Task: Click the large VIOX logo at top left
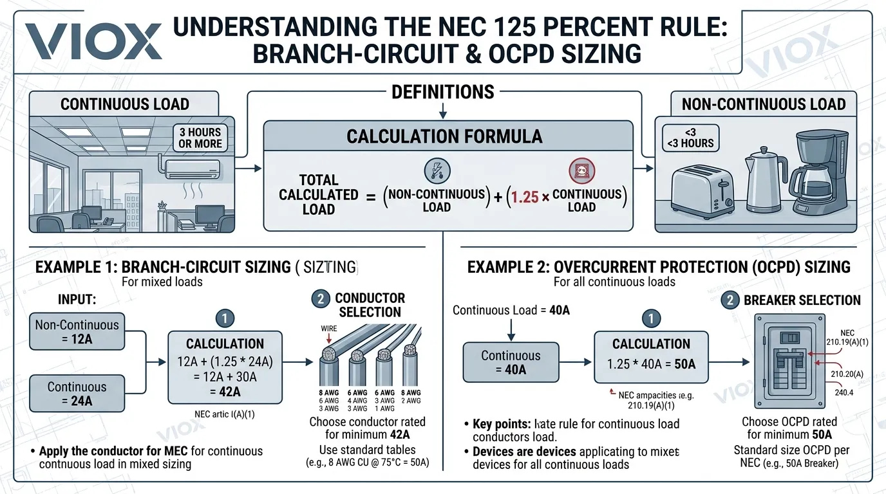click(x=93, y=42)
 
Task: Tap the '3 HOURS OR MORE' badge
click(x=200, y=138)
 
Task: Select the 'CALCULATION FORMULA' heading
click(x=444, y=136)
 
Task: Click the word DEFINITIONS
click(x=443, y=92)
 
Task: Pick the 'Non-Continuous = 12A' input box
click(x=77, y=332)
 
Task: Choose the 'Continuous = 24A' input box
click(x=77, y=394)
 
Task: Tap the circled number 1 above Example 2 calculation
click(x=652, y=318)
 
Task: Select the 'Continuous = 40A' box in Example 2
click(x=512, y=362)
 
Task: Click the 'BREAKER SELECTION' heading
click(x=802, y=300)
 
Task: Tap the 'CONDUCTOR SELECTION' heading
click(x=370, y=305)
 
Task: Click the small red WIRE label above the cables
click(x=329, y=329)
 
